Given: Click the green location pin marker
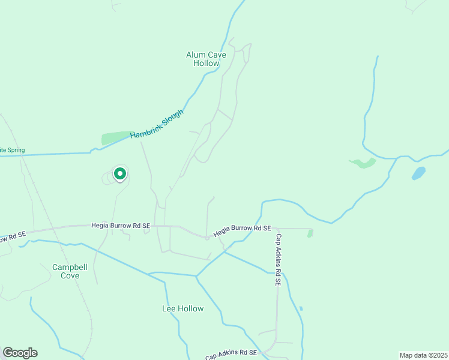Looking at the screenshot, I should (x=119, y=174).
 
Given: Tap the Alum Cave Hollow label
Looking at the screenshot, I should (x=206, y=59).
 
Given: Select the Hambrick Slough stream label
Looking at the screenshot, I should (x=157, y=125).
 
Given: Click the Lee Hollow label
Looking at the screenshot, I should (x=182, y=309).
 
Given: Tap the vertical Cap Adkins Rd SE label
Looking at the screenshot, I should (x=279, y=259).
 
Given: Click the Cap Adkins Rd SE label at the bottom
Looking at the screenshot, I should (x=231, y=355).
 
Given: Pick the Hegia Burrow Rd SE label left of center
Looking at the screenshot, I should (x=120, y=226).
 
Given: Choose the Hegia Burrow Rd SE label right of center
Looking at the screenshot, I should (x=243, y=229).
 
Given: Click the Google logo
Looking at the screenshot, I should (x=20, y=353).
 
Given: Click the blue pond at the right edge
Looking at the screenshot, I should (x=418, y=173).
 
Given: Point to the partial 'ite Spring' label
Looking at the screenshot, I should (x=11, y=150).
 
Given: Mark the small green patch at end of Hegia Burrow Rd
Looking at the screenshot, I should (x=310, y=233).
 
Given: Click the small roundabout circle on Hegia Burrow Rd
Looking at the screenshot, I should (x=207, y=238).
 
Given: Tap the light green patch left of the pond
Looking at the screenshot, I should (x=363, y=163).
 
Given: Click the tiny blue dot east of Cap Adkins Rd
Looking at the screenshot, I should (x=301, y=309).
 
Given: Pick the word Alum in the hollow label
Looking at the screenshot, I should (x=196, y=55).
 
